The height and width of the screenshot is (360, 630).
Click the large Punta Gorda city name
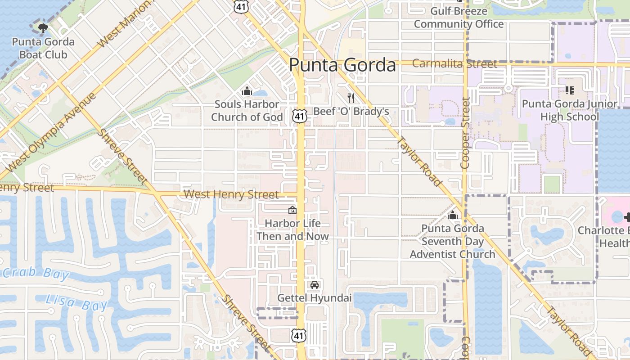(342, 65)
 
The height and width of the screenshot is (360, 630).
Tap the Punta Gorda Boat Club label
(43, 48)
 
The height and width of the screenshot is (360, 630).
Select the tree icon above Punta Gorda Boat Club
(43, 28)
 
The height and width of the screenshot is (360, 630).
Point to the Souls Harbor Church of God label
(247, 111)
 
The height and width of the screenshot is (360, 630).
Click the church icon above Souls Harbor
(247, 91)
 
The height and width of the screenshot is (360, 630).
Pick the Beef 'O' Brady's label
(351, 111)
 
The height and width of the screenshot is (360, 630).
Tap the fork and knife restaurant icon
(351, 97)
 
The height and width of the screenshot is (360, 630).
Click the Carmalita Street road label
(454, 64)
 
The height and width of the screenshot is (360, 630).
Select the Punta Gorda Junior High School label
(569, 110)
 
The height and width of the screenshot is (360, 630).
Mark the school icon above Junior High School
(569, 90)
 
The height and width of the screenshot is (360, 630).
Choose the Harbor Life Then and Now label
(292, 229)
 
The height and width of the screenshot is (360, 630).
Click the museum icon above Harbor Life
(292, 210)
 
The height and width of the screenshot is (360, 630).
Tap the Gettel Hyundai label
(314, 298)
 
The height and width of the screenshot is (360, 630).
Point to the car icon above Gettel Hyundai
(315, 284)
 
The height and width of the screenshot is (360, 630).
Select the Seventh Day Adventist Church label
(453, 241)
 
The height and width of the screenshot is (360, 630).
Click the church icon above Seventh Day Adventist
(453, 216)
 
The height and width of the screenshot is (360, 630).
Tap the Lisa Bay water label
(77, 302)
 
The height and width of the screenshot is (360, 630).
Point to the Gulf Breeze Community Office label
(459, 17)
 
